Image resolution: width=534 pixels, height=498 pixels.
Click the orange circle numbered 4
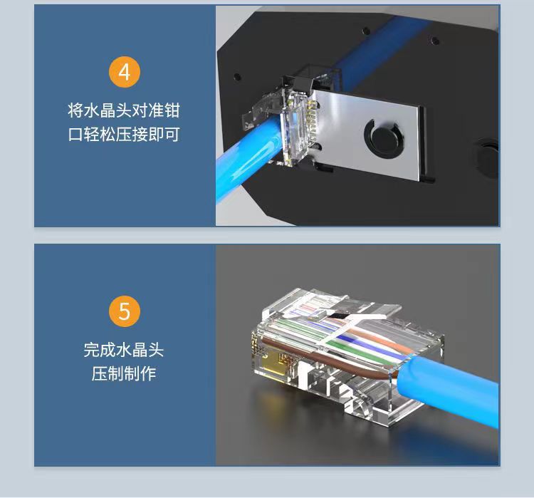click(125, 73)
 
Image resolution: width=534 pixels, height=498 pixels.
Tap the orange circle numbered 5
click(125, 311)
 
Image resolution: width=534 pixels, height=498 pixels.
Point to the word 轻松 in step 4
click(106, 134)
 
